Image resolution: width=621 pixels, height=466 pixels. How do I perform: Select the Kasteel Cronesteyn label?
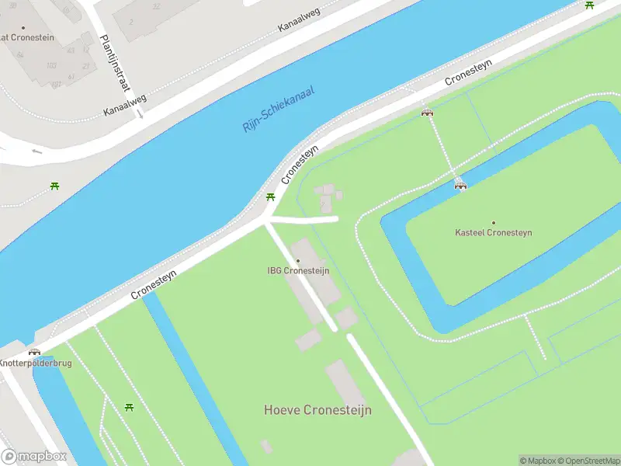tap(493, 233)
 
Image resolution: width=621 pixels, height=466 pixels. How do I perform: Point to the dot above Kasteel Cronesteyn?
tap(493, 223)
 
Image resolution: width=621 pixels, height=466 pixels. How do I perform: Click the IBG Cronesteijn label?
tap(297, 271)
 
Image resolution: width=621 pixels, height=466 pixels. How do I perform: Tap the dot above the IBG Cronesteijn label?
tap(297, 261)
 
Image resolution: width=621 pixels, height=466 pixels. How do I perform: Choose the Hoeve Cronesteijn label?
tap(317, 410)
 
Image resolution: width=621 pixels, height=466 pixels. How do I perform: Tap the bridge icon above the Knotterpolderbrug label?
tap(34, 352)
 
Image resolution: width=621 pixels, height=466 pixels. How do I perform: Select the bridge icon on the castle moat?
tap(460, 184)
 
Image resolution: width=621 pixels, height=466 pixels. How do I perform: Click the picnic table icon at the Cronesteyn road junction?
tap(270, 197)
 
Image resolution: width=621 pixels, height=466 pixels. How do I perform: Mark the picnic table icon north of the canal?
tap(54, 186)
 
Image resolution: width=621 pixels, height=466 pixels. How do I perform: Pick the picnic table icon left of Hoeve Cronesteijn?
tap(129, 407)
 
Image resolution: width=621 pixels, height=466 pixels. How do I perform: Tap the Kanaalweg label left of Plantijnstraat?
tap(125, 106)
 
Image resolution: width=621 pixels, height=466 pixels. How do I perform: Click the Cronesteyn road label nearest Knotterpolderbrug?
tap(154, 284)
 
